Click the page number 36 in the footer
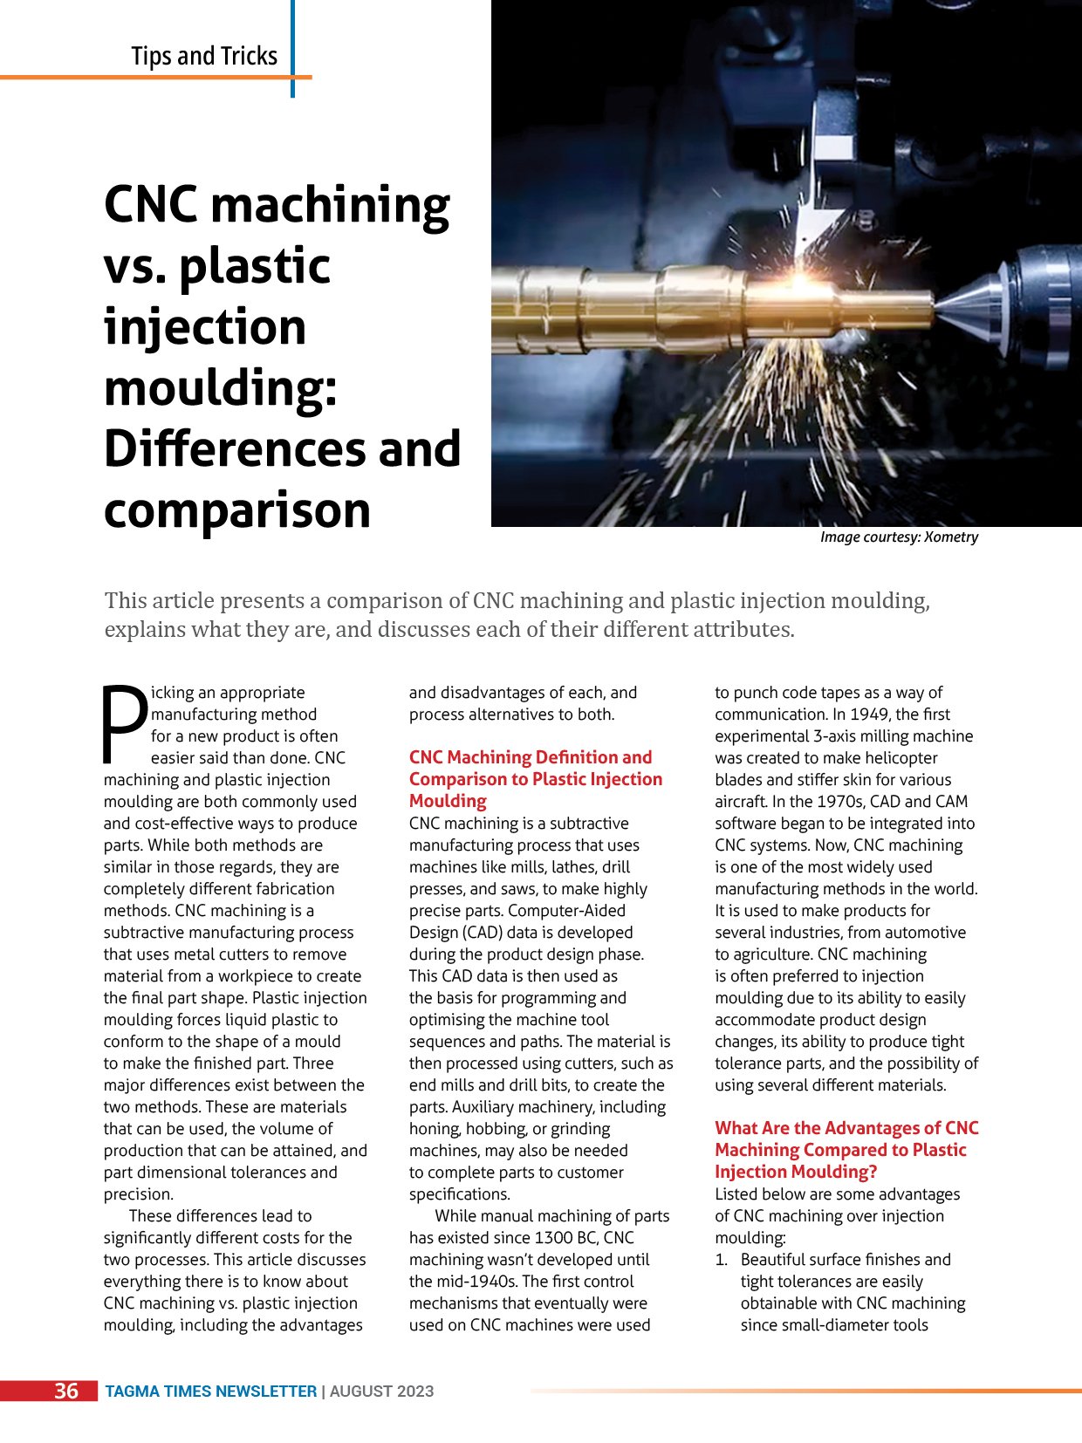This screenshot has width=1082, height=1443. (x=66, y=1391)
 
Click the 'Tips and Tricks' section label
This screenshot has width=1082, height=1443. (x=204, y=56)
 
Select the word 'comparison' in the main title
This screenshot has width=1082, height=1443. (x=237, y=509)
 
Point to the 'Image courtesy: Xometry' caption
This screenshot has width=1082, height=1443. (x=899, y=537)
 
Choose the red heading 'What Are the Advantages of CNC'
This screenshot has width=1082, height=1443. (x=846, y=1129)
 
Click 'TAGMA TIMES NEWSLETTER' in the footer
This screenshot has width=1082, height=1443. (x=211, y=1392)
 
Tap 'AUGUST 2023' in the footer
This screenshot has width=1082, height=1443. (x=382, y=1392)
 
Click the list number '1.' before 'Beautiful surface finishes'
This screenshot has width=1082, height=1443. (x=722, y=1260)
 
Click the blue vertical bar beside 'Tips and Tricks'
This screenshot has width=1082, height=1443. (x=292, y=48)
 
